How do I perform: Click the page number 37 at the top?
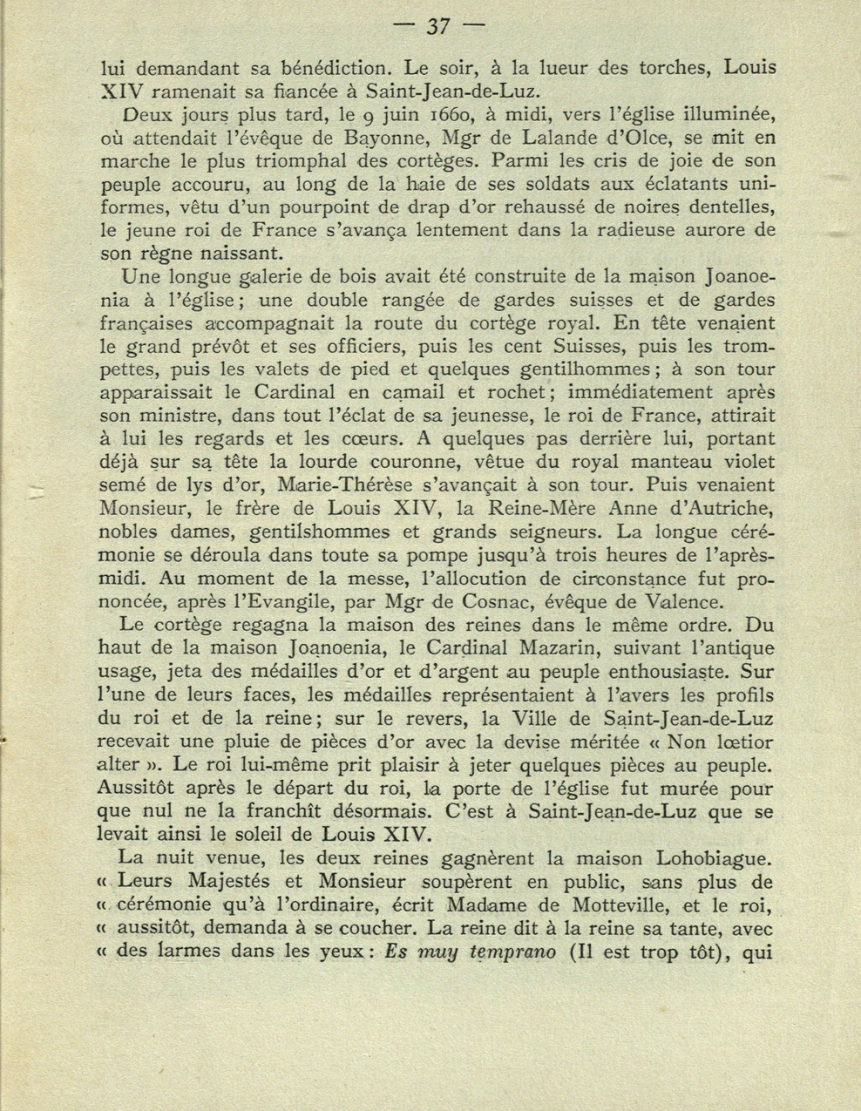coord(437,27)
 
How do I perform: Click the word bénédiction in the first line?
coord(336,67)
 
